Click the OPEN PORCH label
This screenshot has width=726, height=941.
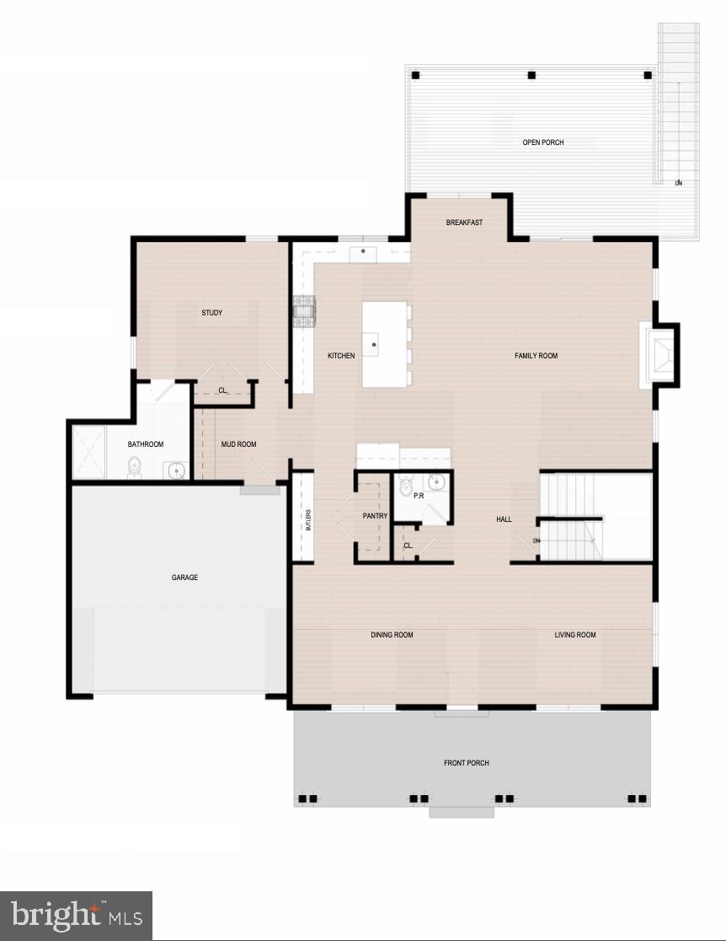[x=543, y=142]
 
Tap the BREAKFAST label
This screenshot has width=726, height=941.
[x=464, y=223]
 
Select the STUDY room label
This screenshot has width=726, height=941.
[x=212, y=313]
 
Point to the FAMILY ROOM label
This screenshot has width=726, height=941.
[x=536, y=356]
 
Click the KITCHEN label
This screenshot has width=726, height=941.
[x=341, y=356]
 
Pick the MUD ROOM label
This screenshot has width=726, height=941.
[x=238, y=444]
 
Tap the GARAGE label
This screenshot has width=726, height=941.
[x=185, y=578]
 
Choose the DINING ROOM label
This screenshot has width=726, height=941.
[x=392, y=635]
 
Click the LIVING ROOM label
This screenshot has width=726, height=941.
[x=575, y=635]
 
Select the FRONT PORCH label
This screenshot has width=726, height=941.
[x=467, y=763]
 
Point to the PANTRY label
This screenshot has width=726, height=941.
[x=375, y=515]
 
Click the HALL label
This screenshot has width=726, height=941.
[x=504, y=519]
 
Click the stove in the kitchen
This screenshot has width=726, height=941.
[x=304, y=310]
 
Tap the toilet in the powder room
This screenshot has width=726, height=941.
[x=405, y=487]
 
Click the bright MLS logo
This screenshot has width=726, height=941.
[x=76, y=916]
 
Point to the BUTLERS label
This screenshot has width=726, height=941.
[x=309, y=519]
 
